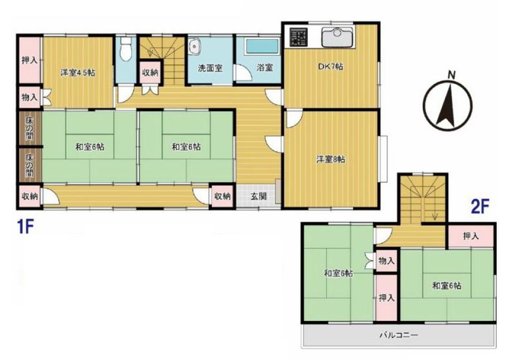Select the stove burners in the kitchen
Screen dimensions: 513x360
299,37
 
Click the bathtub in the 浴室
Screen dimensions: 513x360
263,46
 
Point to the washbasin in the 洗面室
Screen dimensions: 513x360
195,46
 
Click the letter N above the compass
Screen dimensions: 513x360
452,75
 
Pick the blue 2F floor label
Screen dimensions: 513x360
480,207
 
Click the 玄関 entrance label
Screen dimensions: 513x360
259,196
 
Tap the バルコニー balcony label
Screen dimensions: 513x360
399,335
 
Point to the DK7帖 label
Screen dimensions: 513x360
331,66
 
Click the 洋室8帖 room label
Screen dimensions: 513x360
331,160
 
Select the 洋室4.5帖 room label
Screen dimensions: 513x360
78,73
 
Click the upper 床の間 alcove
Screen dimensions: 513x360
30,128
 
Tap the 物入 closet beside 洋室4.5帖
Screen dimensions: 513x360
30,97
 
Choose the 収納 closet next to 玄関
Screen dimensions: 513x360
222,196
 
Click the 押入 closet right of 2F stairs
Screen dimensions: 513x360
471,236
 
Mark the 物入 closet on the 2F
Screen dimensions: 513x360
386,261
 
